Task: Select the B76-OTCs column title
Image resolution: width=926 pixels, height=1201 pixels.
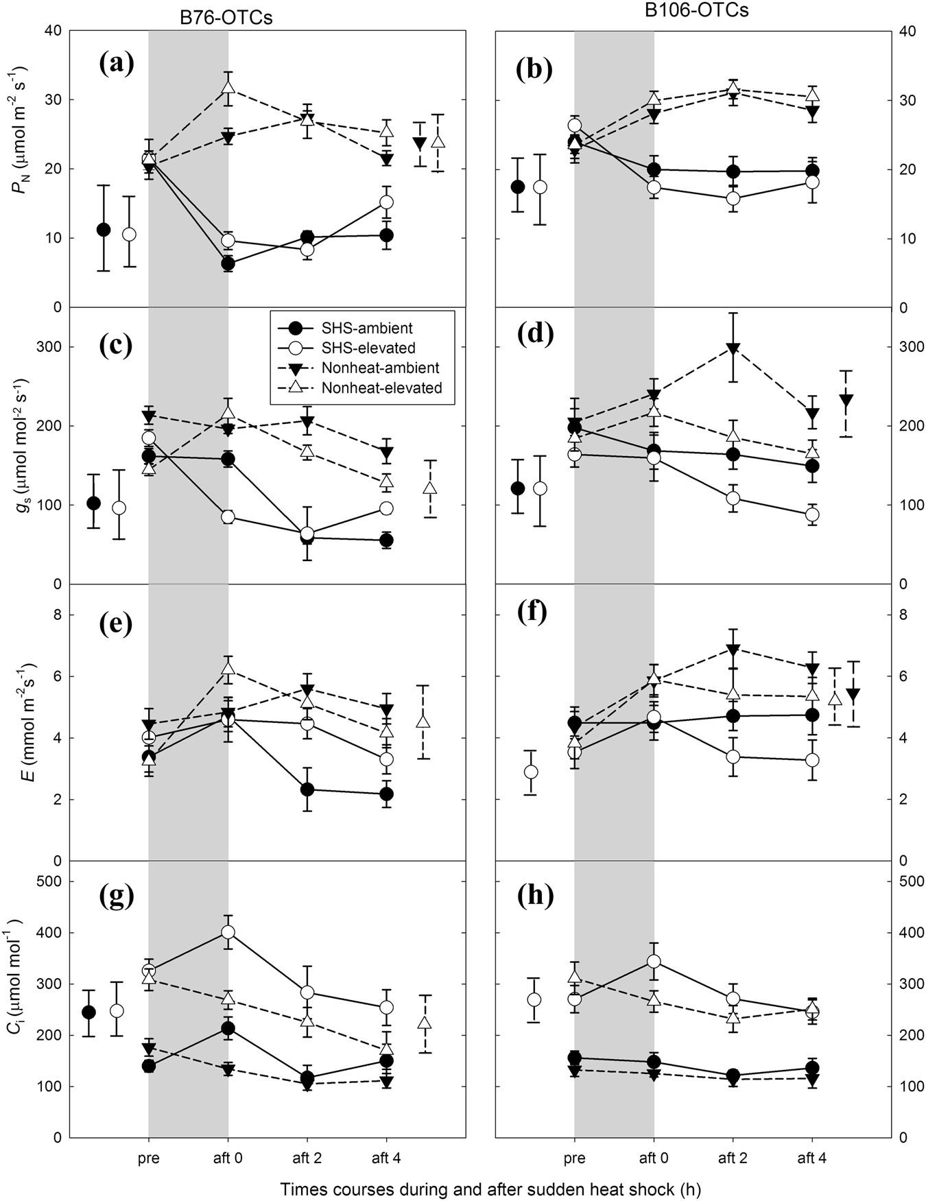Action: coord(221,17)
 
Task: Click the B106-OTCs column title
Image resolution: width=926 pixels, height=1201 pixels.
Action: coord(712,11)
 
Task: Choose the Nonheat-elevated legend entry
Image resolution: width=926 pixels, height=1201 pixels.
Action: coord(381,388)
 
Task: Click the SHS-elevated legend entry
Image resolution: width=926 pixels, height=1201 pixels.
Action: coord(368,348)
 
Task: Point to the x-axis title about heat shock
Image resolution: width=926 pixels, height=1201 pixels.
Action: coord(490,1189)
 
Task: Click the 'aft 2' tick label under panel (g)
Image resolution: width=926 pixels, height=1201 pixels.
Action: coord(307,1158)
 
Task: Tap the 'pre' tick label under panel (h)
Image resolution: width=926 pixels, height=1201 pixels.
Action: coord(574,1158)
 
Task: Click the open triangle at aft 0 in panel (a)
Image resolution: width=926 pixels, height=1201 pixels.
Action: coord(228,88)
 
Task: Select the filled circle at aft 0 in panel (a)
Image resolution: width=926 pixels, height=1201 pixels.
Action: coord(228,263)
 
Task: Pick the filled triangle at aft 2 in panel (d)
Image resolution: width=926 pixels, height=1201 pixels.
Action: coord(733,348)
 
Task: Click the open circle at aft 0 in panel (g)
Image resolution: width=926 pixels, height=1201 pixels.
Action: coord(228,931)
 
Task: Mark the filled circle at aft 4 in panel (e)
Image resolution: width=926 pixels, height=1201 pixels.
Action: coord(386,794)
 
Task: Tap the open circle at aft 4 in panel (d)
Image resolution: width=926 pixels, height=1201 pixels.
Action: coord(812,514)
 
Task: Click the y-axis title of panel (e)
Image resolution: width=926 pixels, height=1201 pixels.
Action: coord(25,722)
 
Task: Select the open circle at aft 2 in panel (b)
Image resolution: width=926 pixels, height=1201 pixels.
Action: coord(733,199)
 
